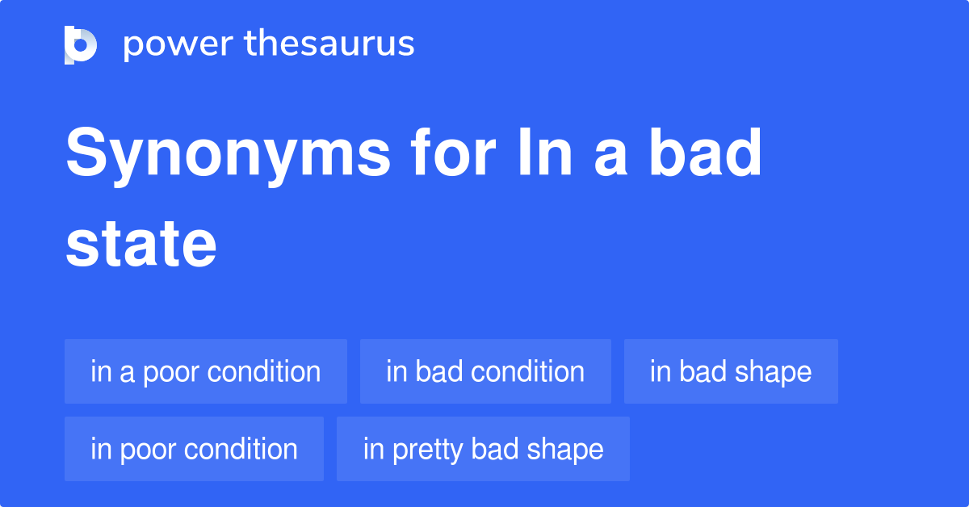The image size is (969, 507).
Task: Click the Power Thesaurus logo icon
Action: (x=80, y=44)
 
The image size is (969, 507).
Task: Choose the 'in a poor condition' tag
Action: (x=206, y=371)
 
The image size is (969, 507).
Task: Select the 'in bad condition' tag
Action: (x=485, y=371)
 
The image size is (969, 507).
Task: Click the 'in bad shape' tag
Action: (x=731, y=371)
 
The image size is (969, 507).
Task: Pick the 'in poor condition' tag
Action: (x=194, y=449)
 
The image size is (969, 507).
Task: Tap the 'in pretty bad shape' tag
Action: (x=483, y=449)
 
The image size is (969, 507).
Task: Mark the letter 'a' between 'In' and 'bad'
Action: (x=610, y=155)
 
